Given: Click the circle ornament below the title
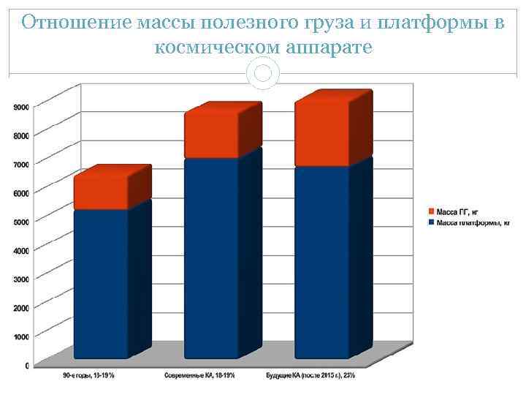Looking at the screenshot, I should pos(264,72).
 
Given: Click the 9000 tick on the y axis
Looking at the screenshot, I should pos(21,107).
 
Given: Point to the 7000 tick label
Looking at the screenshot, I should pos(21,164).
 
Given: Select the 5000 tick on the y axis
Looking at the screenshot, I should pos(21,221).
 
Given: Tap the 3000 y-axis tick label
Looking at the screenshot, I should pos(21,279).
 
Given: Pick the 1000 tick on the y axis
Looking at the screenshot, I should pos(21,336).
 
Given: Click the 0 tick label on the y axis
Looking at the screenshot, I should pos(27,365).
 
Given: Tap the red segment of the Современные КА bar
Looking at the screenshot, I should pos(212,135).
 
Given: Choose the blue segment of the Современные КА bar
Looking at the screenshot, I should pos(212,256).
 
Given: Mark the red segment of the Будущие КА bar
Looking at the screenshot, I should pos(322,132).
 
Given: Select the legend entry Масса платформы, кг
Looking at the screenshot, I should pos(468,222).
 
